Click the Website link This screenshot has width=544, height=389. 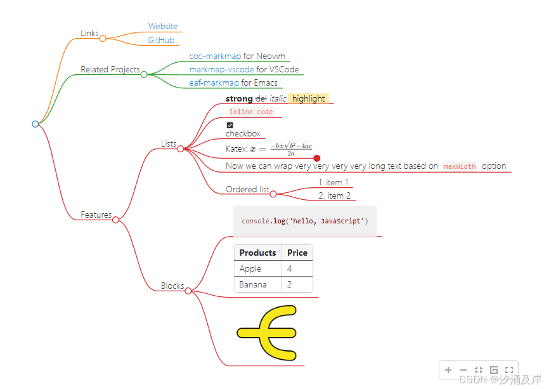(x=163, y=27)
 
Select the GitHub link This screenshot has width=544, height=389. (x=161, y=41)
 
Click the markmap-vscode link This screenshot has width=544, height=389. (x=221, y=70)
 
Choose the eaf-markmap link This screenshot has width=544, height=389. (x=214, y=83)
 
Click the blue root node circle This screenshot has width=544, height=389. (x=36, y=124)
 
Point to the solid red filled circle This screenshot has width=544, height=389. (x=317, y=158)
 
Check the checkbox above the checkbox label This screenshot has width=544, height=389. (x=230, y=125)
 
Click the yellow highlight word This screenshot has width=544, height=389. (x=309, y=99)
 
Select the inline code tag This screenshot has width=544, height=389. (x=251, y=112)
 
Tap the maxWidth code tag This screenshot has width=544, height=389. (x=460, y=167)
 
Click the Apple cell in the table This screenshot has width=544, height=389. (x=250, y=269)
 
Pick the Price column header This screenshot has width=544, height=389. (x=297, y=253)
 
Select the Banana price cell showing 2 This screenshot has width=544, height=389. (x=290, y=285)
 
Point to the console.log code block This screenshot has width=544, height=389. (x=305, y=221)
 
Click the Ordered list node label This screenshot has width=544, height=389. (x=247, y=190)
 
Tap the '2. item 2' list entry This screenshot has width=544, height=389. (x=335, y=196)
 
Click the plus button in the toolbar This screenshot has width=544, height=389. (x=448, y=370)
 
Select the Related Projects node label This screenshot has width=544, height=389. (x=110, y=70)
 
